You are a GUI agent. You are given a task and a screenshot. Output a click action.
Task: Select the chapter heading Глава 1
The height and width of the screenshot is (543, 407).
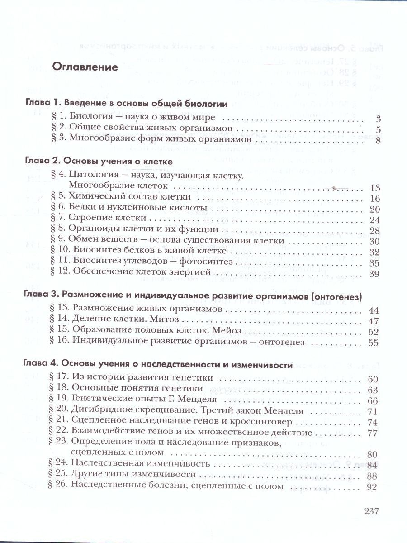[40, 104]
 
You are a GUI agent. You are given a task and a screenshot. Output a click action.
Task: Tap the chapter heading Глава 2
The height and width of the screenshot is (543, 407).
[40, 162]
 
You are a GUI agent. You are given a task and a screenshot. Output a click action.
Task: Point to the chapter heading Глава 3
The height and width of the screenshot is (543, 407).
[40, 295]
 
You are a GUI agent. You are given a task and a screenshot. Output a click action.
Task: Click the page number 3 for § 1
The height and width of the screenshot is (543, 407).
[379, 119]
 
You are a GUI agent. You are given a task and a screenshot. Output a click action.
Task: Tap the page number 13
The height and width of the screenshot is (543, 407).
[375, 188]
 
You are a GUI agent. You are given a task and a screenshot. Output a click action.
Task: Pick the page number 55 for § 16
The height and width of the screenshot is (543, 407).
[373, 343]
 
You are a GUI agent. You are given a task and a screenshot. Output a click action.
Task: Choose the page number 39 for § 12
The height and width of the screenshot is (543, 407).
[375, 274]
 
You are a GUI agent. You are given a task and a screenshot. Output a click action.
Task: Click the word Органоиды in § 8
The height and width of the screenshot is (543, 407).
[90, 230]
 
